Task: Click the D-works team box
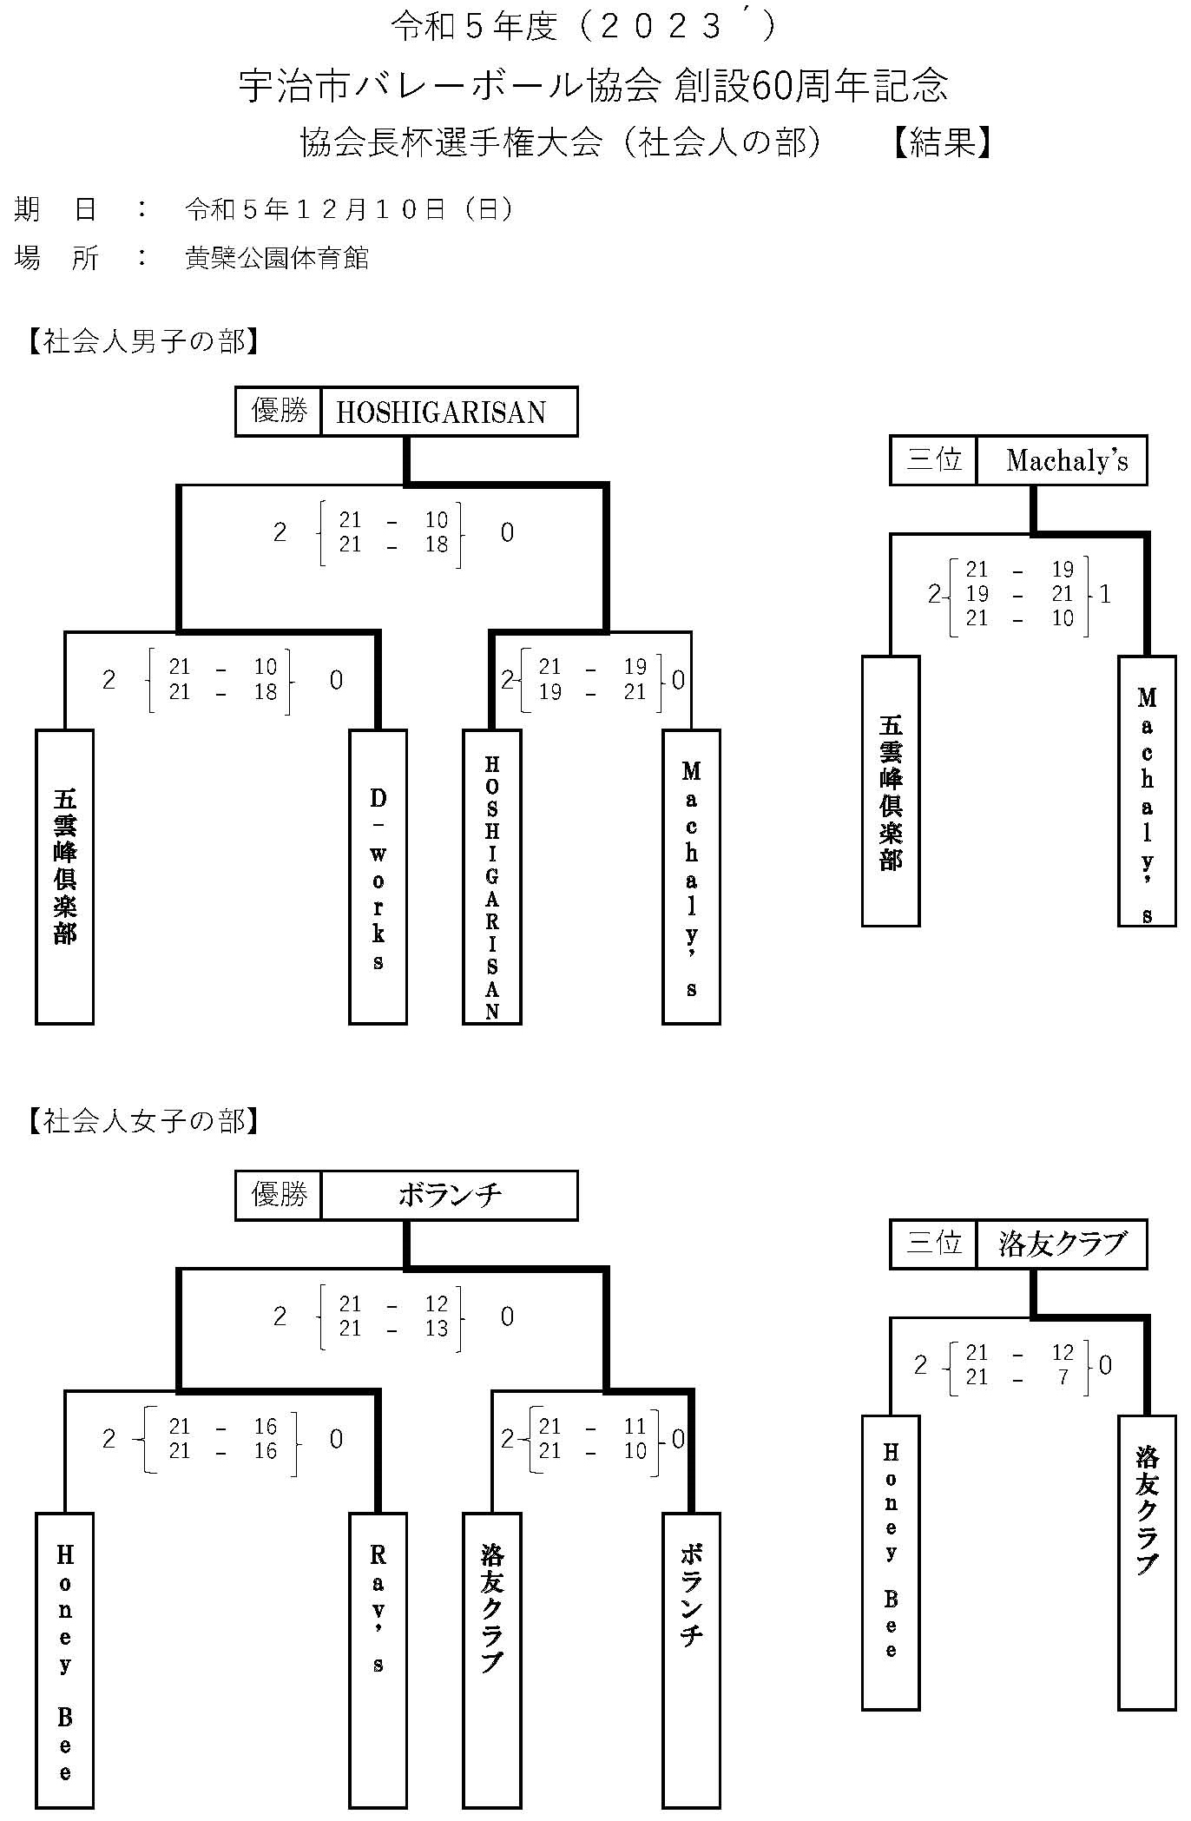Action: click(378, 876)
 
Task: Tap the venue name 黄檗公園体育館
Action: click(277, 258)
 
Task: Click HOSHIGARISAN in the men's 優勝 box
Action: click(441, 412)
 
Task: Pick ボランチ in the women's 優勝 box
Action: click(450, 1196)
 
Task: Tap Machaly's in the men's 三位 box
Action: click(1067, 460)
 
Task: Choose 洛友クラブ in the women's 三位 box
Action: click(1062, 1244)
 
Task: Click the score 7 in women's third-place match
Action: click(1063, 1377)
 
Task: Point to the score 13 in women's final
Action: click(437, 1329)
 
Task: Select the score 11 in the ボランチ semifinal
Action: click(635, 1426)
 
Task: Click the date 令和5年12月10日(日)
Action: click(349, 209)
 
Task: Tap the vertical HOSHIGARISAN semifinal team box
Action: click(491, 876)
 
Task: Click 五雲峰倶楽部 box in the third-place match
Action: click(891, 790)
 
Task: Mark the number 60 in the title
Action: click(767, 86)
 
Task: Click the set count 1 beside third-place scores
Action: click(1105, 594)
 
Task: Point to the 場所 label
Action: click(56, 258)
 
